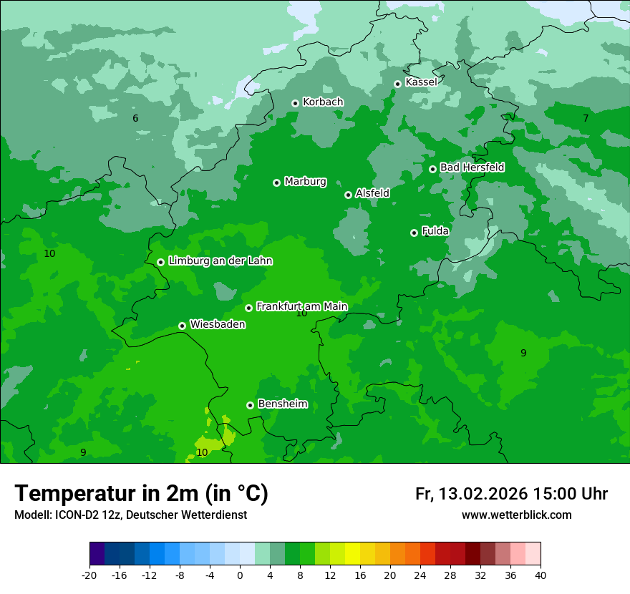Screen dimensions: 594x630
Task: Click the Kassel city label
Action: [421, 82]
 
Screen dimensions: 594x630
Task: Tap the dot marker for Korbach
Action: [295, 103]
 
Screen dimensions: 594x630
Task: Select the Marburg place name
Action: [305, 182]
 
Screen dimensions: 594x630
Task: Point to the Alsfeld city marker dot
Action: [348, 195]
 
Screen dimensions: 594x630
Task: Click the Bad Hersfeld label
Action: [472, 167]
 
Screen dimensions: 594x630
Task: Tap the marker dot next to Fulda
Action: [414, 233]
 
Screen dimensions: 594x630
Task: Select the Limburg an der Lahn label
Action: [220, 261]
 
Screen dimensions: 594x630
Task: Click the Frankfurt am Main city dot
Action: [248, 308]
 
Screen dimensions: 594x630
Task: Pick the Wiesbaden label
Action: [217, 325]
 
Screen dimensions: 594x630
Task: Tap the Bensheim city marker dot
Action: [250, 405]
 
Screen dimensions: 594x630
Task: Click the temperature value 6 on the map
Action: [135, 118]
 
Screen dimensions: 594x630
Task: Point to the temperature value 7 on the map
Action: [585, 118]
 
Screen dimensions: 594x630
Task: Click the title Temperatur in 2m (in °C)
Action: [142, 493]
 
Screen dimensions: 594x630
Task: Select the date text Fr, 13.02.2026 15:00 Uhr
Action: [511, 494]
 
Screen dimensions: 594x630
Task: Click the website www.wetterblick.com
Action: [516, 515]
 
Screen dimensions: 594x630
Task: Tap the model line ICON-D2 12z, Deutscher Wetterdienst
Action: [130, 515]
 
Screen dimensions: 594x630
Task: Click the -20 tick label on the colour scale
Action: [89, 575]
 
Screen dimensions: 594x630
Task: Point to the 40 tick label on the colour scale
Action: [541, 575]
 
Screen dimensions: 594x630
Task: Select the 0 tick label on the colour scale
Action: [240, 575]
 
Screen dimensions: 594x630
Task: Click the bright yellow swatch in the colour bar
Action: [352, 554]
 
